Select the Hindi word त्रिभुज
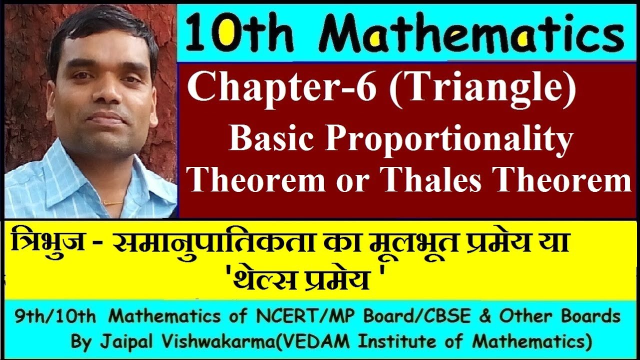tap(47, 246)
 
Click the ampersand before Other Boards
tap(484, 316)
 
